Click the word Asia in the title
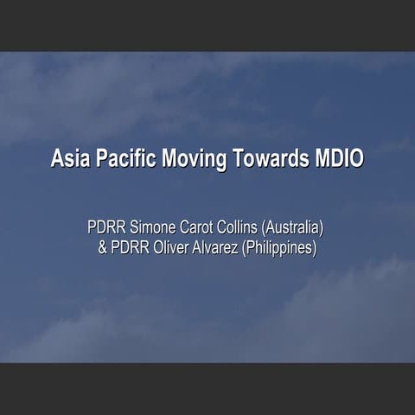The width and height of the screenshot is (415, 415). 68,159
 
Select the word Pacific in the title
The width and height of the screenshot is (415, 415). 120,159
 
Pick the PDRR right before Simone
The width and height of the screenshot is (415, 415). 106,229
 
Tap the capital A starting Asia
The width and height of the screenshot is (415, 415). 57,159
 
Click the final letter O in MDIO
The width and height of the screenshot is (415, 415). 357,159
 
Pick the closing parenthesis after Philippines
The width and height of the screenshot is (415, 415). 316,248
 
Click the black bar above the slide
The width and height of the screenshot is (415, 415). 207,25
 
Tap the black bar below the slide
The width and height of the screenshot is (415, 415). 207,389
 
